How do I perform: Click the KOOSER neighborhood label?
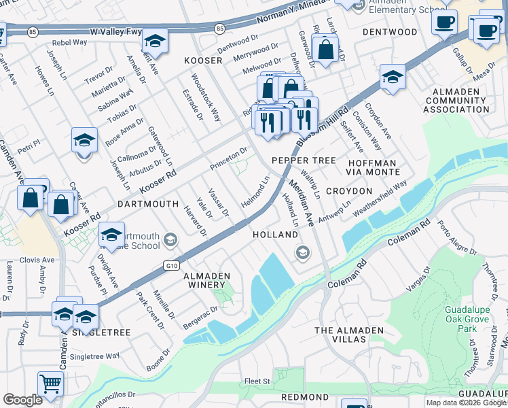[x=204, y=61]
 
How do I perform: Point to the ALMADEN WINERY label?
[x=207, y=281]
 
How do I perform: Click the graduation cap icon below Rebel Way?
[x=155, y=41]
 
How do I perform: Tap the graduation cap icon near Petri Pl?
[x=84, y=141]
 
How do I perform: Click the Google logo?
[x=22, y=400]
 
